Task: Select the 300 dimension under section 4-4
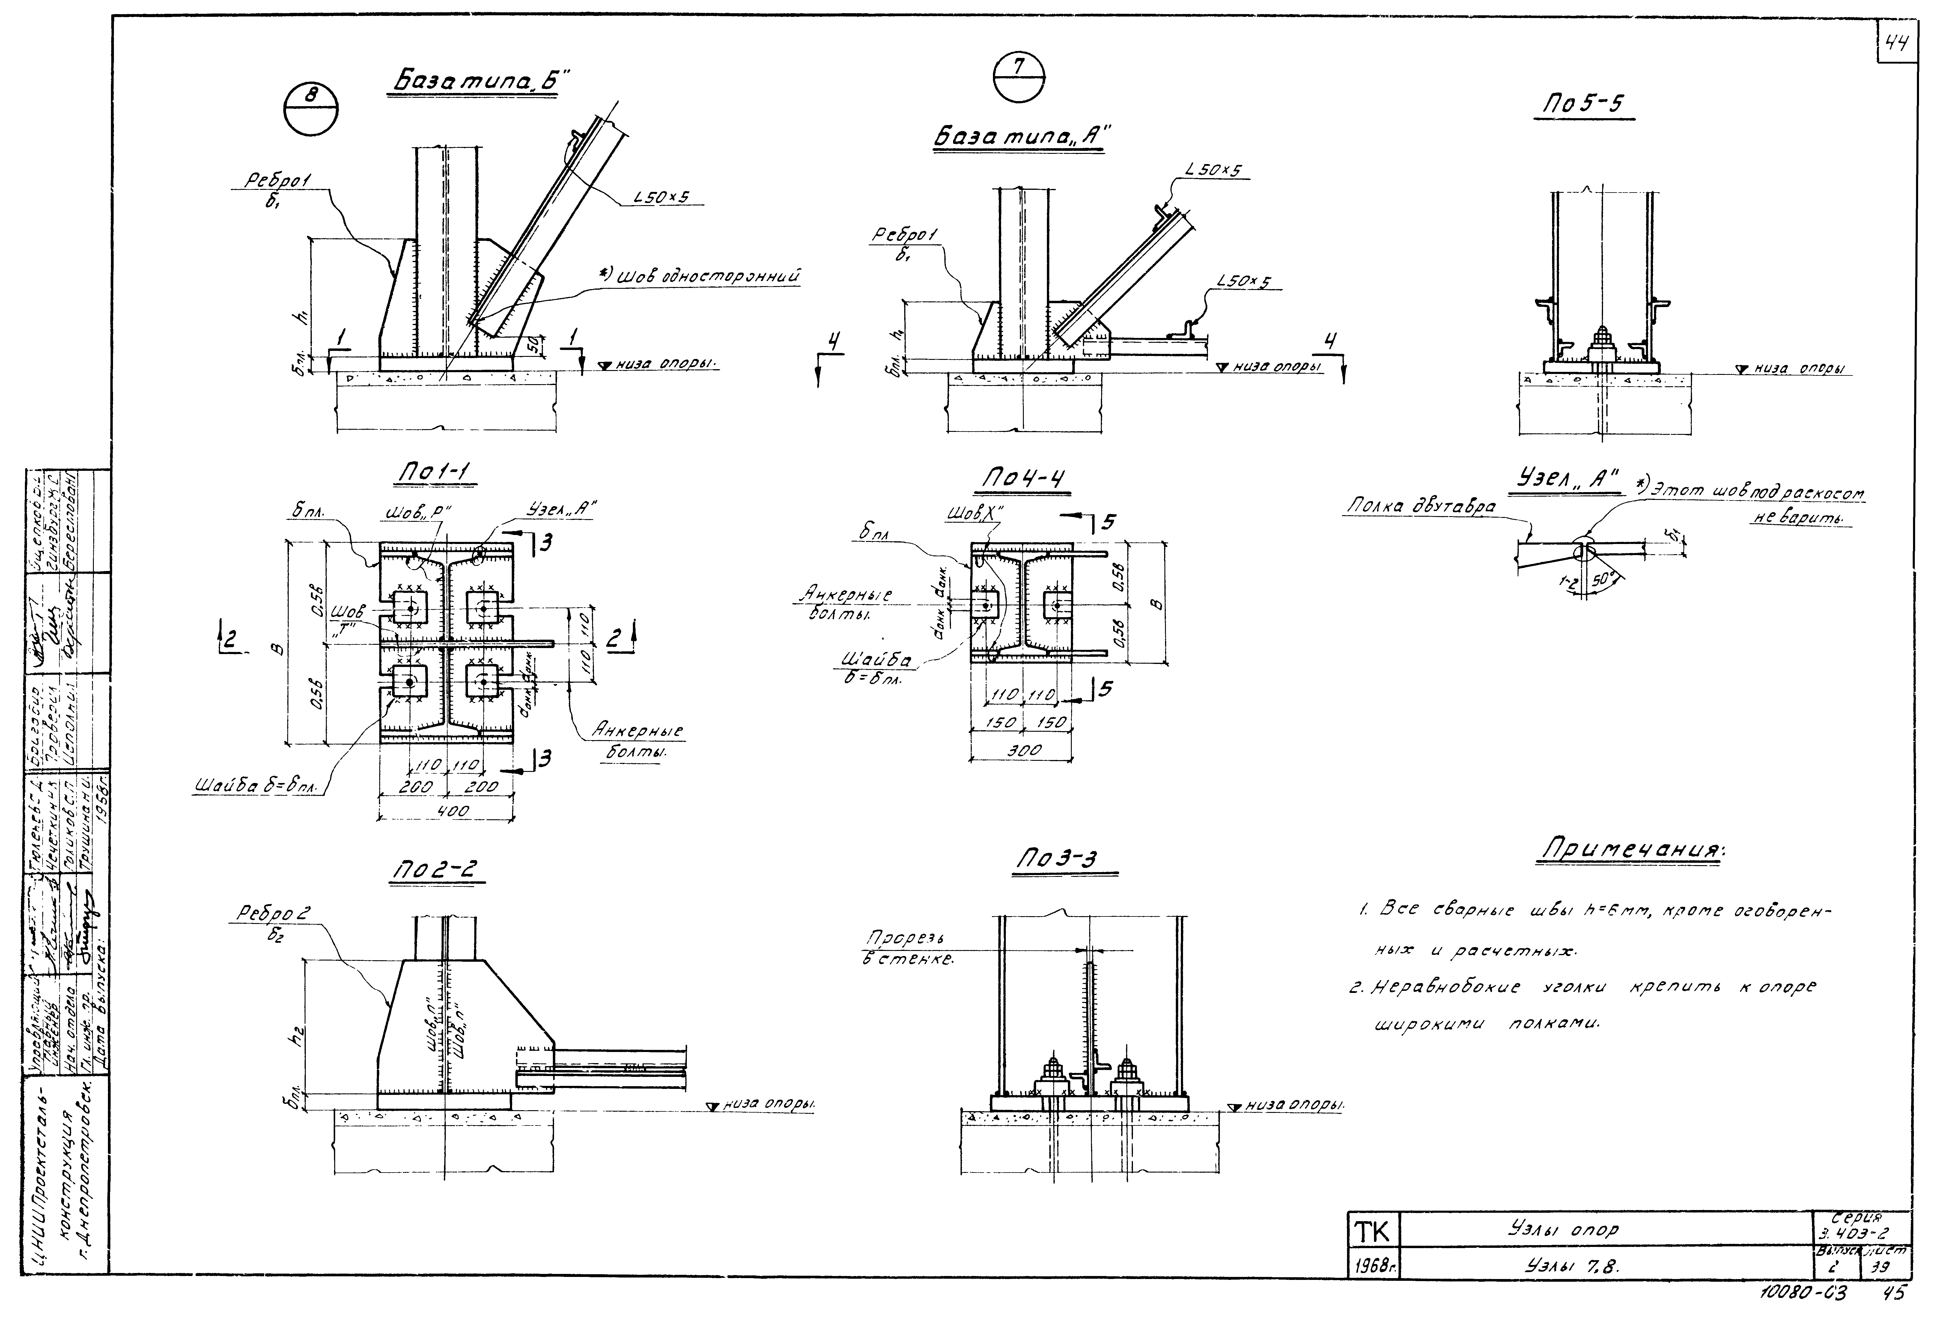(1024, 750)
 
